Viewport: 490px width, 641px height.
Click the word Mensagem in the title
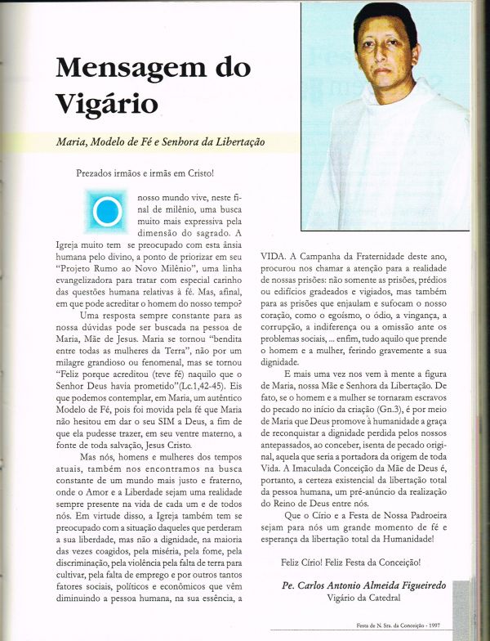click(116, 67)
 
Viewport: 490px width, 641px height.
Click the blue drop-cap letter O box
click(106, 212)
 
